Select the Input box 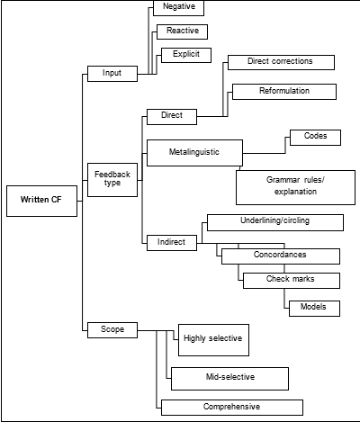[112, 73]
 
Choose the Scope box [112, 330]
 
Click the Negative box [179, 7]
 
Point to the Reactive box [182, 31]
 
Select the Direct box [171, 116]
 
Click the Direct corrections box [280, 62]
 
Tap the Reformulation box [283, 92]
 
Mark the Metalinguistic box [194, 150]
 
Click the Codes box [315, 139]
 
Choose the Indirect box [171, 242]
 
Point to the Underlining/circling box [274, 221]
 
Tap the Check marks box [290, 280]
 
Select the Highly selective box [212, 339]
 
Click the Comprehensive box [231, 407]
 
